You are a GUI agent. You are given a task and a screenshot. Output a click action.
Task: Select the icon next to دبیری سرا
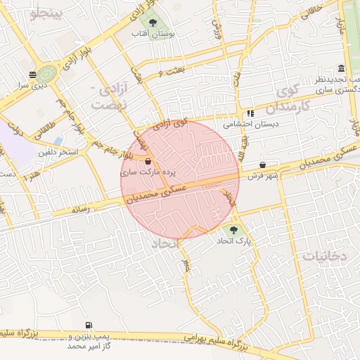(x=32, y=75)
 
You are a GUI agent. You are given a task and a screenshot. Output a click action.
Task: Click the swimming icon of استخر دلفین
(x=58, y=141)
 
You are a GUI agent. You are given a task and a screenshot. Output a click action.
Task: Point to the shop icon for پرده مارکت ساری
(x=146, y=161)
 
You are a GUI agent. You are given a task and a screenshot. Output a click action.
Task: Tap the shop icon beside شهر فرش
(x=262, y=165)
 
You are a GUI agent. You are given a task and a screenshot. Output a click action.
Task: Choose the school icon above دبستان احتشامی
(x=250, y=113)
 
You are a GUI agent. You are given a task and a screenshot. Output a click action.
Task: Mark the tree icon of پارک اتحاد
(x=233, y=230)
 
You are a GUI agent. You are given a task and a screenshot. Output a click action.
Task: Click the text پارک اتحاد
(x=233, y=240)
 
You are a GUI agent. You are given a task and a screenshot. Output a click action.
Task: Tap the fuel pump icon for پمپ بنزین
(x=88, y=325)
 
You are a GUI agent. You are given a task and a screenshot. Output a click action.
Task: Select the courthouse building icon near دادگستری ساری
(x=341, y=68)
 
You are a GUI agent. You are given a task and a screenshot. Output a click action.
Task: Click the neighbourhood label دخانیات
(x=324, y=256)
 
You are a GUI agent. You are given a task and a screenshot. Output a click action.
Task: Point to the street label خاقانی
(x=312, y=7)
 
